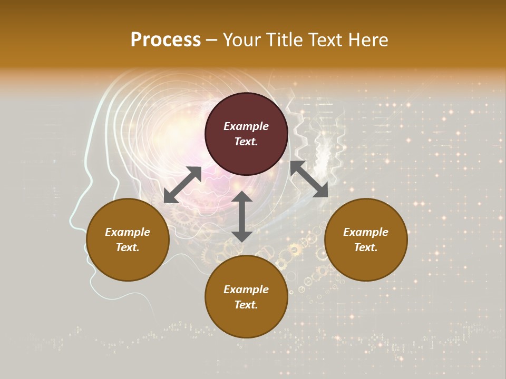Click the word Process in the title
pyautogui.click(x=166, y=40)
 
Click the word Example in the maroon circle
pyautogui.click(x=246, y=126)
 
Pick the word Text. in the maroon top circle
pyautogui.click(x=246, y=142)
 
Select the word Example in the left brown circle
pyautogui.click(x=128, y=232)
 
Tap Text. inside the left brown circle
pyautogui.click(x=128, y=247)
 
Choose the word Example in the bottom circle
pyautogui.click(x=246, y=290)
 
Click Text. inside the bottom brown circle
pyautogui.click(x=246, y=305)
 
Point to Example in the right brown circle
pyautogui.click(x=366, y=232)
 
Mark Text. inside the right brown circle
pyautogui.click(x=366, y=247)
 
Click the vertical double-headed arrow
pyautogui.click(x=242, y=216)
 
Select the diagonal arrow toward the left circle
pyautogui.click(x=182, y=185)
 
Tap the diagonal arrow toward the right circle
pyautogui.click(x=309, y=179)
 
